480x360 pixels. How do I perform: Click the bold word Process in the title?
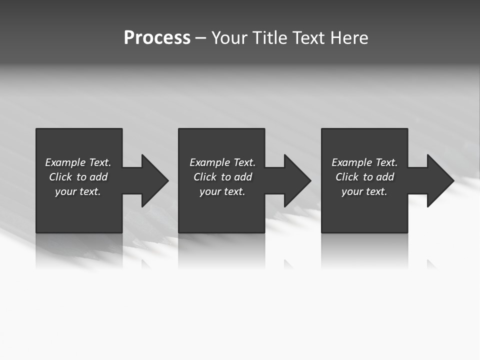point(157,38)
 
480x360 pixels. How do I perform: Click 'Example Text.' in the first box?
point(78,162)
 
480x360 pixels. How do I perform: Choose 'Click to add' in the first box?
point(78,177)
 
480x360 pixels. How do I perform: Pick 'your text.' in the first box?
point(78,191)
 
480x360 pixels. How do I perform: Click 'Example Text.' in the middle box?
point(222,162)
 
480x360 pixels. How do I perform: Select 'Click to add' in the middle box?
point(222,177)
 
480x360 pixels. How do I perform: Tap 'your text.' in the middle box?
point(222,191)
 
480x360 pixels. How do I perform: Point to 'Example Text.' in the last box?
point(364,162)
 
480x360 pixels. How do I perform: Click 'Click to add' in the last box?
point(364,177)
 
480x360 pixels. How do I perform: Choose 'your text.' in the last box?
point(364,191)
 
